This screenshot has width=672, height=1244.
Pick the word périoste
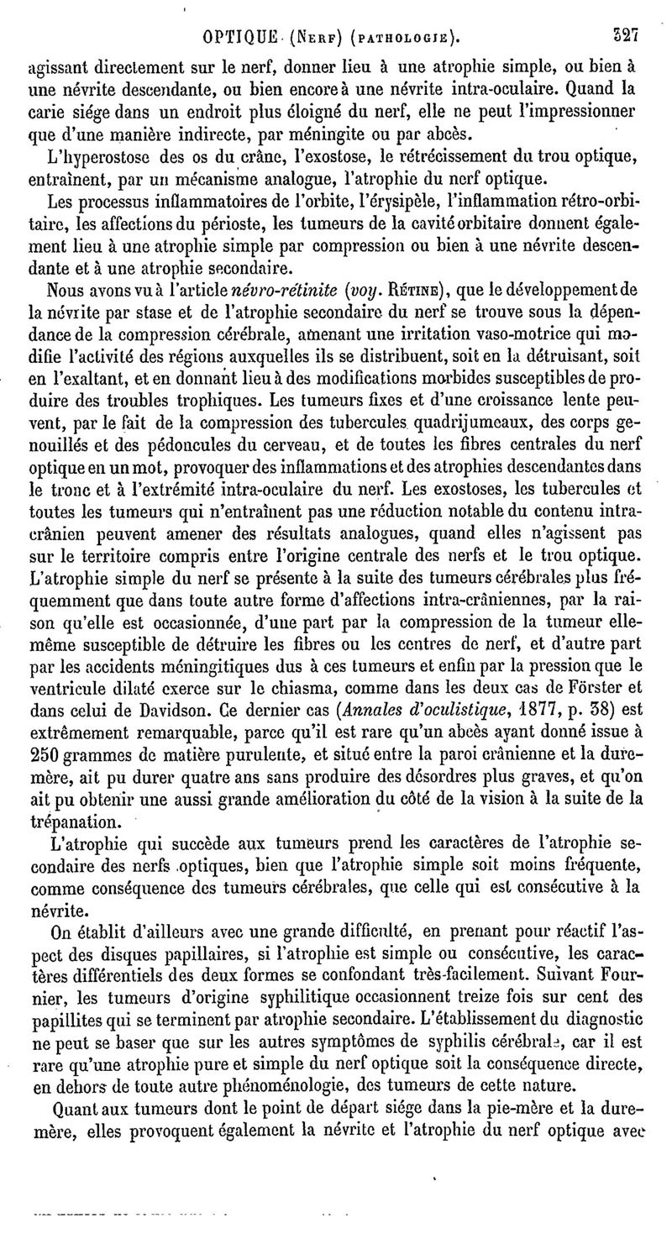pos(241,225)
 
